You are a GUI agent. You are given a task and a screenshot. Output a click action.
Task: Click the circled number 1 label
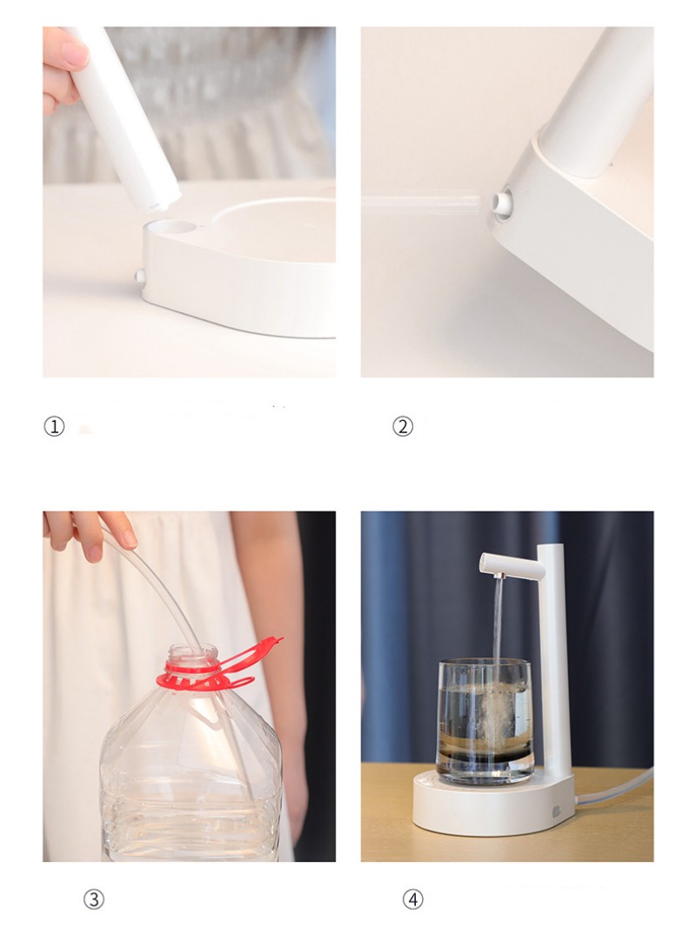pyautogui.click(x=55, y=426)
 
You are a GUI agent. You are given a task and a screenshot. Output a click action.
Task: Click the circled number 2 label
pyautogui.click(x=403, y=426)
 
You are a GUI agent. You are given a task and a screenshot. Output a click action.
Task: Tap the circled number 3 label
pyautogui.click(x=93, y=899)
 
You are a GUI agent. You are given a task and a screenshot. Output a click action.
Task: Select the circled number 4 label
pyautogui.click(x=412, y=899)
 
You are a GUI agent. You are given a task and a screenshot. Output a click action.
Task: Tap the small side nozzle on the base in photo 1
pyautogui.click(x=139, y=277)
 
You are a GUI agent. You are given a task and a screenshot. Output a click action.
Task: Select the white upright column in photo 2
pyautogui.click(x=592, y=96)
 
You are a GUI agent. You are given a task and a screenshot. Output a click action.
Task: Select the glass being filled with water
pyautogui.click(x=483, y=722)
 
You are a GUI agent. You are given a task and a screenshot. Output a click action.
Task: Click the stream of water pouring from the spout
pyautogui.click(x=498, y=626)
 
